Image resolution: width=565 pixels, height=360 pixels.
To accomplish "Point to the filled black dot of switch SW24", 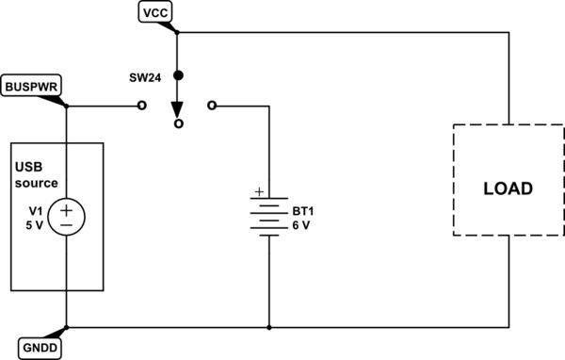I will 178,74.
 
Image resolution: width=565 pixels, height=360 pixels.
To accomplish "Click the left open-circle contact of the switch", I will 142,106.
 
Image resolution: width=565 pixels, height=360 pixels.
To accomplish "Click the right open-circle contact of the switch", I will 213,106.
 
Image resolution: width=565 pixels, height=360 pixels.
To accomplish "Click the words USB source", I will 37,174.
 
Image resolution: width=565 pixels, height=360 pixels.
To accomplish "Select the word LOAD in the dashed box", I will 508,188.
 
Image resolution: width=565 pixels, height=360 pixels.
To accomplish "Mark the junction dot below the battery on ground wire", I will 270,328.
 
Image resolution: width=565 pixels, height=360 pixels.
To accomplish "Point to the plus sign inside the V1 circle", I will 67,208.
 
